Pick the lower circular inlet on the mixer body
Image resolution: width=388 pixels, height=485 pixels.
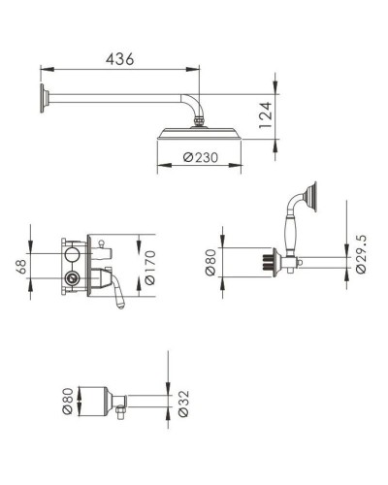pos(71,279)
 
